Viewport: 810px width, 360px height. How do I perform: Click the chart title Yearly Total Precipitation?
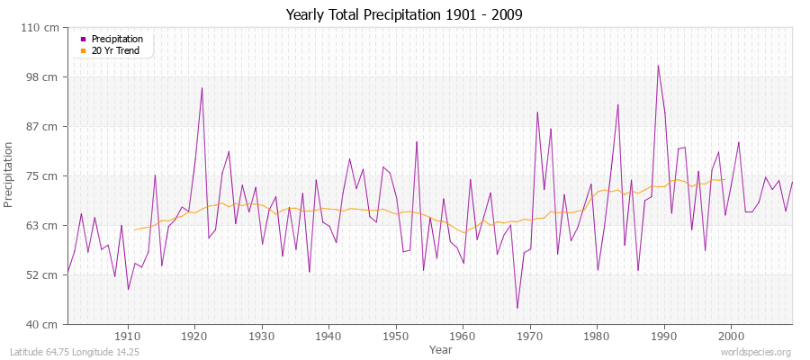(x=404, y=15)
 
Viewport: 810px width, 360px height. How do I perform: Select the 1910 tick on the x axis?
(x=128, y=336)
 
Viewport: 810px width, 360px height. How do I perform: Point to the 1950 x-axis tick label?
(x=396, y=336)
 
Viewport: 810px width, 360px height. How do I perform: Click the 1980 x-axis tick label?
(x=597, y=336)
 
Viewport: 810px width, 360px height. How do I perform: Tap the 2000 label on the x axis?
(x=731, y=336)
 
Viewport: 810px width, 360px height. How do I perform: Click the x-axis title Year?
(x=440, y=348)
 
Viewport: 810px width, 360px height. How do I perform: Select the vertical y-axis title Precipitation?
(x=11, y=175)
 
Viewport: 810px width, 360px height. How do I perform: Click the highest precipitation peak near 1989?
(x=658, y=66)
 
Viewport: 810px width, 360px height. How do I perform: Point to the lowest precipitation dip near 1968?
(x=517, y=308)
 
